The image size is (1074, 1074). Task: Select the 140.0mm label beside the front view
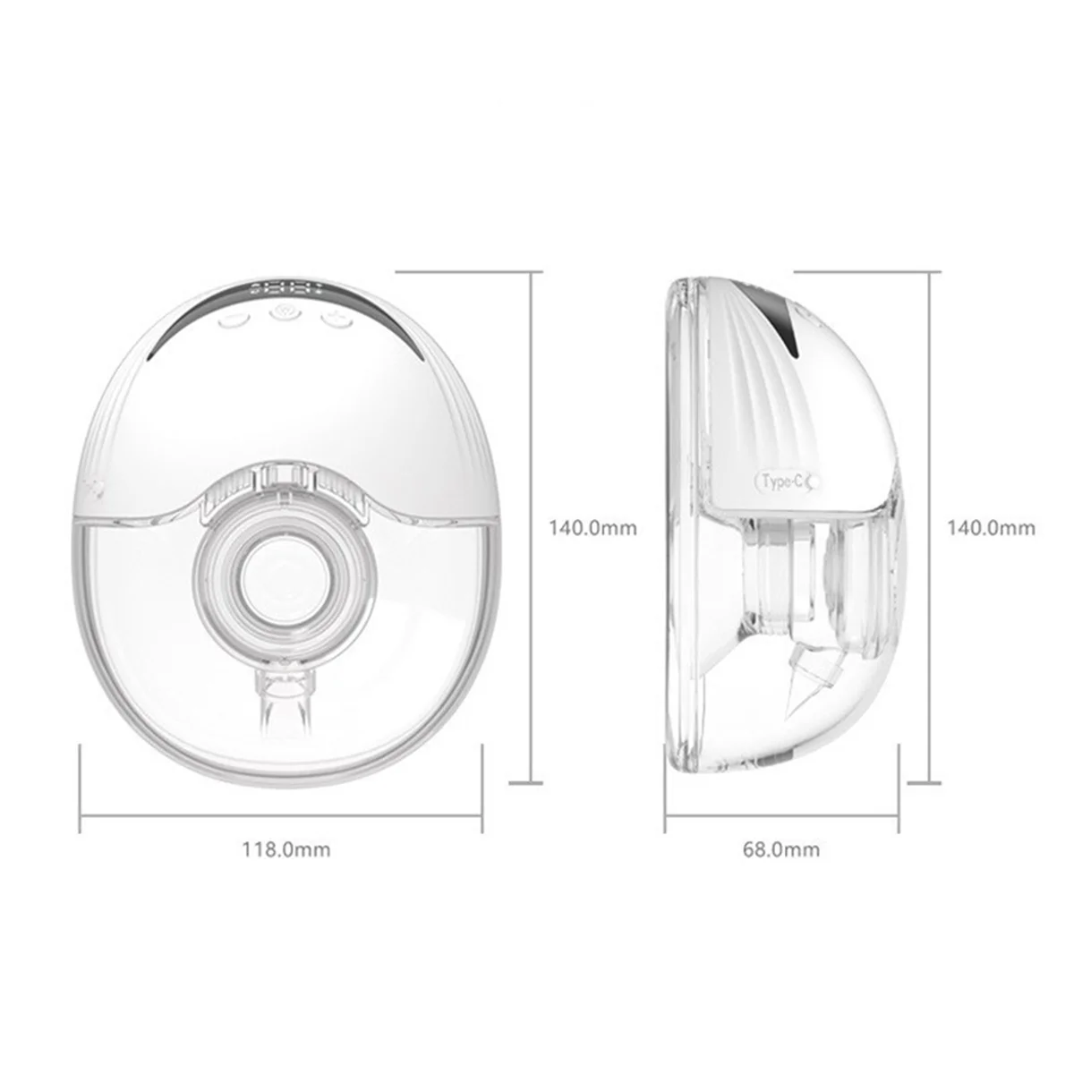click(x=592, y=528)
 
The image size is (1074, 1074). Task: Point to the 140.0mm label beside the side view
click(x=991, y=528)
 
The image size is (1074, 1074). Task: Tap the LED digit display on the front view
click(x=287, y=290)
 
